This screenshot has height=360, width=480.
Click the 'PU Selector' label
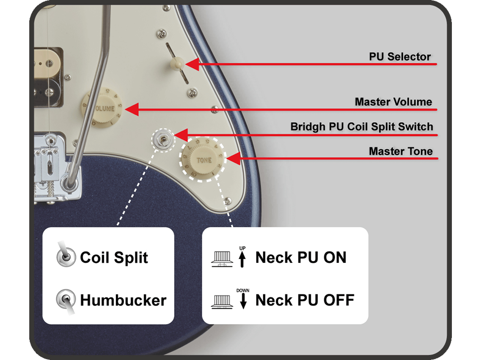400,57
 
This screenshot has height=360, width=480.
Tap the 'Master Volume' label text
393,102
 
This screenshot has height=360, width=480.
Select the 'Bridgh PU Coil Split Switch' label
361,127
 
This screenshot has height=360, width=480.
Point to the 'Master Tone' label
400,151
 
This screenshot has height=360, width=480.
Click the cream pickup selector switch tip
177,63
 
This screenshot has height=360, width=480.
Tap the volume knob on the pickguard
102,108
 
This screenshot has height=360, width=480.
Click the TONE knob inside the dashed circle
203,160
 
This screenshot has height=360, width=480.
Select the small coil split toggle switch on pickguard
163,139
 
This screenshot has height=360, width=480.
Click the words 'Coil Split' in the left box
114,258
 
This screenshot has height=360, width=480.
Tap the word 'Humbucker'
123,300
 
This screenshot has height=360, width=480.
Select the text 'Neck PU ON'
301,258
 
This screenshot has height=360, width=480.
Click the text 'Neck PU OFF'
304,300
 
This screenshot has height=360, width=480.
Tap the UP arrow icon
242,258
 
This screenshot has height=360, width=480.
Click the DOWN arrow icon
243,299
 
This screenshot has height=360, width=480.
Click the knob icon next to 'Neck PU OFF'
222,301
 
